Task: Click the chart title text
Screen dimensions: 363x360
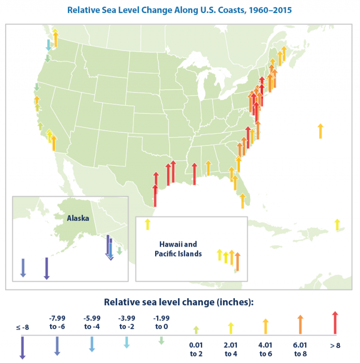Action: click(180, 9)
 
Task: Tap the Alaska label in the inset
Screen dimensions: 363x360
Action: click(78, 218)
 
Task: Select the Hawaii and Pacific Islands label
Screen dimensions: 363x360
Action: click(178, 249)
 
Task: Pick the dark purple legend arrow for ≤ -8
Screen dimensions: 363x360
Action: click(22, 348)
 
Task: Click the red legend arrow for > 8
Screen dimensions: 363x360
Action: click(335, 323)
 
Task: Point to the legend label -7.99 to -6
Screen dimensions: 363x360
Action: click(57, 324)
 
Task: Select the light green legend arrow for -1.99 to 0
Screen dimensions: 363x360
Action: click(161, 340)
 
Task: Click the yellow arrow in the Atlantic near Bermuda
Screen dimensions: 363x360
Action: click(320, 131)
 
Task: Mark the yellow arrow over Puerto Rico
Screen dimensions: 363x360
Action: click(337, 224)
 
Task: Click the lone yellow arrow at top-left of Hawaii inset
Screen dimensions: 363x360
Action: click(148, 224)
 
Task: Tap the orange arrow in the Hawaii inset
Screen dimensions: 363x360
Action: click(237, 261)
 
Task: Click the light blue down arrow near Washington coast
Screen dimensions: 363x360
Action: click(48, 45)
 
